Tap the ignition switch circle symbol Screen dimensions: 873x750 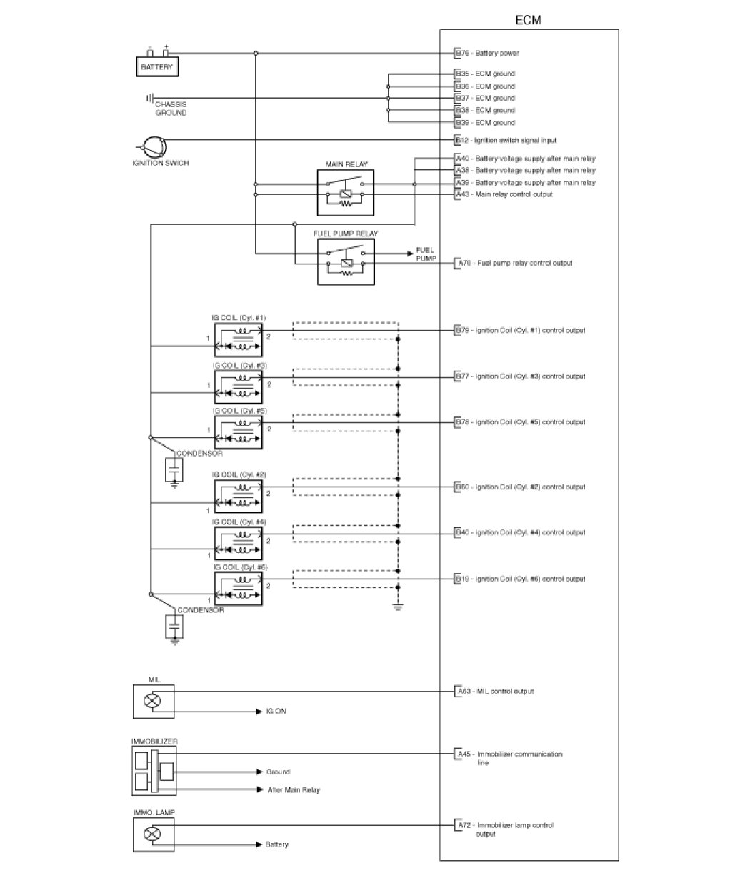[x=153, y=147]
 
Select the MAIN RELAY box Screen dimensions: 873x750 [x=346, y=193]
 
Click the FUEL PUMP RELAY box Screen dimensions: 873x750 [x=346, y=263]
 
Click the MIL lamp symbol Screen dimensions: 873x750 [x=152, y=701]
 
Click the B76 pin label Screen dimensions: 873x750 [x=462, y=53]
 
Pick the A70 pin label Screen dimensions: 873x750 [x=462, y=264]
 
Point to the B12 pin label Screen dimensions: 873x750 [x=462, y=141]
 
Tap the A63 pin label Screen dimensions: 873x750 [x=462, y=692]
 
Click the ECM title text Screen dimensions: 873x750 [x=529, y=20]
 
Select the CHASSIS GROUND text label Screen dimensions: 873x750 [x=171, y=109]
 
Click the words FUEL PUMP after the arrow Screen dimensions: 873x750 [x=426, y=254]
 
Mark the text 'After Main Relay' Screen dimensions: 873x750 [x=294, y=790]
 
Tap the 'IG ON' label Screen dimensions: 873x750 [x=276, y=712]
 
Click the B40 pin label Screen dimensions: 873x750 [x=462, y=532]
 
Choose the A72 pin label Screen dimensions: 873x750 [x=462, y=825]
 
